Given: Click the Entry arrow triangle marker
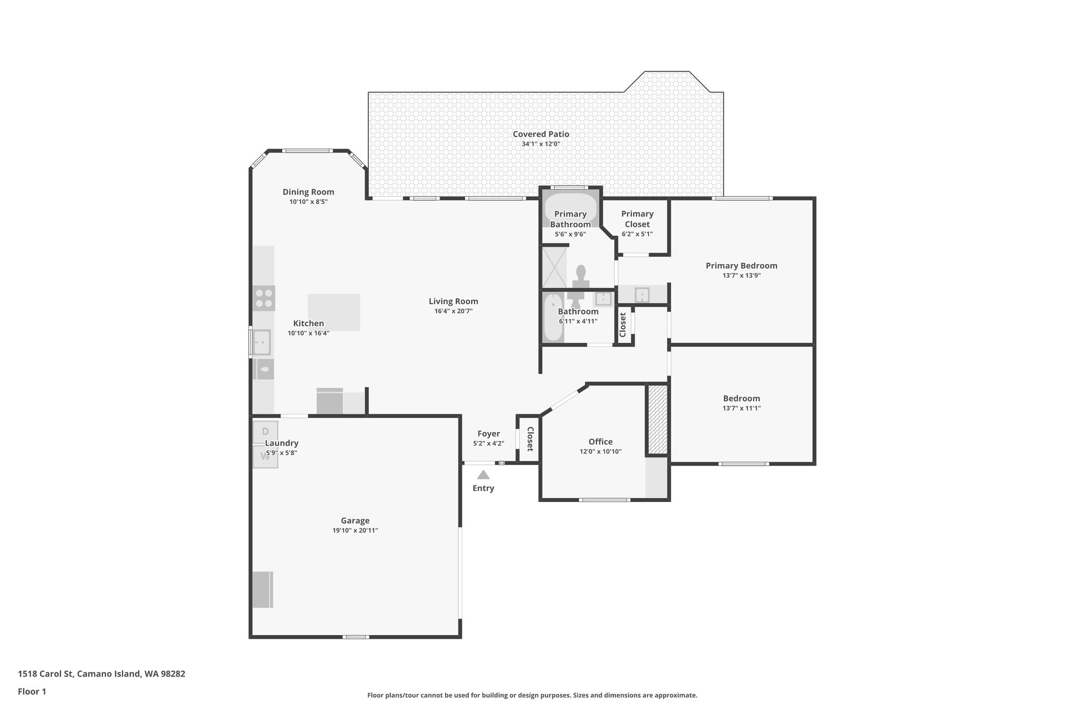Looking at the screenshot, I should (x=483, y=474).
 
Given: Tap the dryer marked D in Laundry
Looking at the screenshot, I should (x=265, y=432).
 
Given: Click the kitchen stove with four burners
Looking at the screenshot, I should (x=264, y=299).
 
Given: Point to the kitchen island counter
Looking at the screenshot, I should (x=334, y=312).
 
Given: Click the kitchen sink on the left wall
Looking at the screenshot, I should (x=262, y=342).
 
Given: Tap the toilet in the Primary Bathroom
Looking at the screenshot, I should (x=581, y=274).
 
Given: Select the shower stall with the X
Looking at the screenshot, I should (x=554, y=267).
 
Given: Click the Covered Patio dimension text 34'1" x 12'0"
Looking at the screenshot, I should (x=541, y=144).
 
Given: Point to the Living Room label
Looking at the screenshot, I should (x=453, y=301).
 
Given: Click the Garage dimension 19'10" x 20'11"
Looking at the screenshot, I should (x=355, y=531).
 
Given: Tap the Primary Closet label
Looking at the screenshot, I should (x=637, y=219).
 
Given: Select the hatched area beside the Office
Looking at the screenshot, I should (x=658, y=419).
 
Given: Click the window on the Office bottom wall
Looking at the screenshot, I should (x=604, y=500).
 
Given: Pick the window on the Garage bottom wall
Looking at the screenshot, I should (x=356, y=637).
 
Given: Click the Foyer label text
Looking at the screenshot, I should (x=488, y=434).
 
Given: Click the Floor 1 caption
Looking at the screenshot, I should (x=32, y=692).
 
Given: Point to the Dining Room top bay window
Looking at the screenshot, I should (x=307, y=151).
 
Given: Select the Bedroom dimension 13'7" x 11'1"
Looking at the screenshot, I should (x=741, y=408).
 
